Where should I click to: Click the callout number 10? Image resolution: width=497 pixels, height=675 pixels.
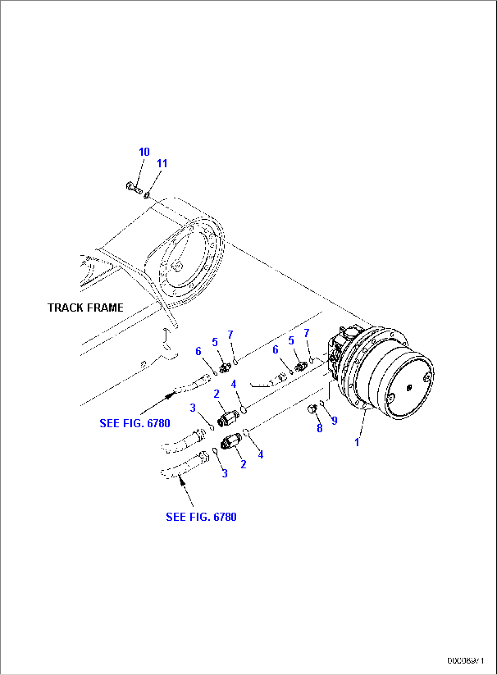pyautogui.click(x=144, y=152)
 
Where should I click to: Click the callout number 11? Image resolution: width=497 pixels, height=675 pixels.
pyautogui.click(x=162, y=163)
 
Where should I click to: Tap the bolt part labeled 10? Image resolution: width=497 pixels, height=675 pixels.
pyautogui.click(x=134, y=187)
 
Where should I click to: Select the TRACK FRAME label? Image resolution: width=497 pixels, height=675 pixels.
pyautogui.click(x=86, y=308)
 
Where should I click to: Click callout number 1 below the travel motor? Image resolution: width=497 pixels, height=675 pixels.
pyautogui.click(x=357, y=442)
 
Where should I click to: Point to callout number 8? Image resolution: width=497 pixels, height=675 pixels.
pyautogui.click(x=320, y=428)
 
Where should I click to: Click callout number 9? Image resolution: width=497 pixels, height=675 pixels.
pyautogui.click(x=334, y=421)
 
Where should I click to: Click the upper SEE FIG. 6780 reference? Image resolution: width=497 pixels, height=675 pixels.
pyautogui.click(x=135, y=423)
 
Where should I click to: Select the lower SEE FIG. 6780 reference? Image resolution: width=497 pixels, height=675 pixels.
pyautogui.click(x=201, y=517)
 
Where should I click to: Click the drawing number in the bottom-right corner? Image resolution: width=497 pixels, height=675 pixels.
pyautogui.click(x=465, y=660)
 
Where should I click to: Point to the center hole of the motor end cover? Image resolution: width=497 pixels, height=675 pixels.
pyautogui.click(x=409, y=388)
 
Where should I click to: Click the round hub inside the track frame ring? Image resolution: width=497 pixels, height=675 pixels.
pyautogui.click(x=176, y=265)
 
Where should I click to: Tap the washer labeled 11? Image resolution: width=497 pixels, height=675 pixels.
pyautogui.click(x=147, y=196)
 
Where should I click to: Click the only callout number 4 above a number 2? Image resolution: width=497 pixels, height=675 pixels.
pyautogui.click(x=233, y=384)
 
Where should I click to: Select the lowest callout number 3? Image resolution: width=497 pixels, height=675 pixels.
pyautogui.click(x=224, y=473)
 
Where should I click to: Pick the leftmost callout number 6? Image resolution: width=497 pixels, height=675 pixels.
pyautogui.click(x=198, y=351)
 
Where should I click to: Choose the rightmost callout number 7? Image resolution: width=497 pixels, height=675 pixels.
pyautogui.click(x=306, y=333)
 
